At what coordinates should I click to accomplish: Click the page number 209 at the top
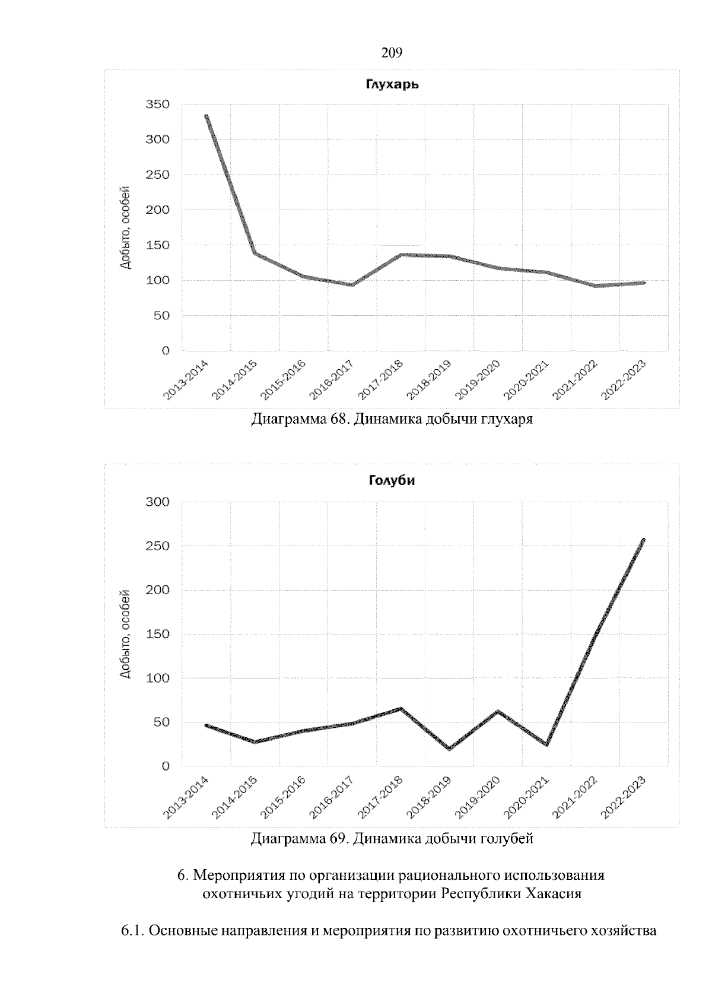tap(392, 53)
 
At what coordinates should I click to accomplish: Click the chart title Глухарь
tap(392, 85)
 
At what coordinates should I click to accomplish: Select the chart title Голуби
tap(390, 481)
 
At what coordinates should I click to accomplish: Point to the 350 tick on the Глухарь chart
tap(158, 104)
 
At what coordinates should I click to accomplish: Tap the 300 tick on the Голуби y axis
tap(158, 502)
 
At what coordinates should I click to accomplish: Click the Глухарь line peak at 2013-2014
tap(206, 116)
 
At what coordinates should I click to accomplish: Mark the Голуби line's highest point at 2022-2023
tap(644, 540)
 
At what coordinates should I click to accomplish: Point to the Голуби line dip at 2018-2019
tap(449, 749)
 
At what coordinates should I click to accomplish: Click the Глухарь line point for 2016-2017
tap(352, 285)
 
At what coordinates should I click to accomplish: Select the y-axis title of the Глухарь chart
tap(125, 227)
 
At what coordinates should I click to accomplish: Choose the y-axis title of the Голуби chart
tap(125, 633)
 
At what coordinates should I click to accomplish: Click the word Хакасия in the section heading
tap(551, 893)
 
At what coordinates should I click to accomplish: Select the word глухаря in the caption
tap(512, 420)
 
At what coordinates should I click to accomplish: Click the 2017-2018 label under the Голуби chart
tap(382, 797)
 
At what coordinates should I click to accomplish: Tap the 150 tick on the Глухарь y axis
tap(158, 245)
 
